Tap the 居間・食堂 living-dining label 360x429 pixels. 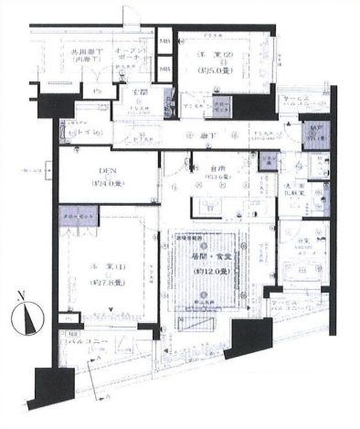tap(206, 259)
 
